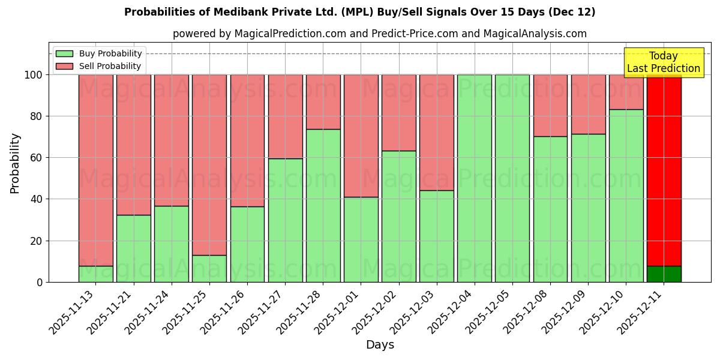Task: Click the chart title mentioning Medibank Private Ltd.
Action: (359, 12)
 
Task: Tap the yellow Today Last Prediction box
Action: (663, 62)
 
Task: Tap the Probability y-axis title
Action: (15, 163)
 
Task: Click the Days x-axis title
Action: (380, 345)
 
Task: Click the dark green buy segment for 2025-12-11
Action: (664, 274)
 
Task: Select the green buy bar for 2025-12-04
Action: (474, 178)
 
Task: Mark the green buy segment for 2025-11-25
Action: (209, 269)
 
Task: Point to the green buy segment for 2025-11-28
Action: (323, 205)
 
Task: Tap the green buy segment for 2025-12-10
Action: (626, 196)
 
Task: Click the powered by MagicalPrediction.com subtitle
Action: (379, 34)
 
